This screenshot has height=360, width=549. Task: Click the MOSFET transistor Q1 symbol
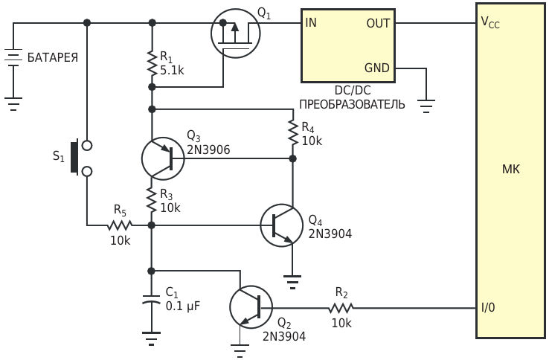(x=236, y=33)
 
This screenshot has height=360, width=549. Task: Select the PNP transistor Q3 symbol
(x=163, y=158)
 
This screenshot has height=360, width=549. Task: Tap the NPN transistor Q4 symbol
(x=282, y=225)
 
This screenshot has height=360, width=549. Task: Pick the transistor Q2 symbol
(x=251, y=307)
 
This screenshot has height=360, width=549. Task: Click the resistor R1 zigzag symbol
(x=152, y=63)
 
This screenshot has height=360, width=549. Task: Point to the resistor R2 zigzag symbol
(x=341, y=308)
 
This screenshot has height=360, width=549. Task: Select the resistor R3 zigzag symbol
(x=152, y=200)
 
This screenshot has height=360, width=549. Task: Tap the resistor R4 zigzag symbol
(x=292, y=132)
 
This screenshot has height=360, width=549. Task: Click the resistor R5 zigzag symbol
(x=120, y=225)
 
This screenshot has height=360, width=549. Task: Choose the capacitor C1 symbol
(x=151, y=300)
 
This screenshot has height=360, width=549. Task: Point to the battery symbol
(x=13, y=57)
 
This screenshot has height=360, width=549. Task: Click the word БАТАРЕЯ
(x=53, y=57)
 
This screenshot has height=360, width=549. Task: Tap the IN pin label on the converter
(x=311, y=23)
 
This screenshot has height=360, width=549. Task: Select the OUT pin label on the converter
(x=378, y=24)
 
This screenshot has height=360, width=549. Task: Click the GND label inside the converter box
(x=376, y=68)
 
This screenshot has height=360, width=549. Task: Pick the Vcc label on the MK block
(x=490, y=22)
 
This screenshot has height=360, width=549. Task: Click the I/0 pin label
(x=489, y=307)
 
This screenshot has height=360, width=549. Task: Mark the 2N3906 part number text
(x=208, y=150)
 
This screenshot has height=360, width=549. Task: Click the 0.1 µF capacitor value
(x=183, y=306)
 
